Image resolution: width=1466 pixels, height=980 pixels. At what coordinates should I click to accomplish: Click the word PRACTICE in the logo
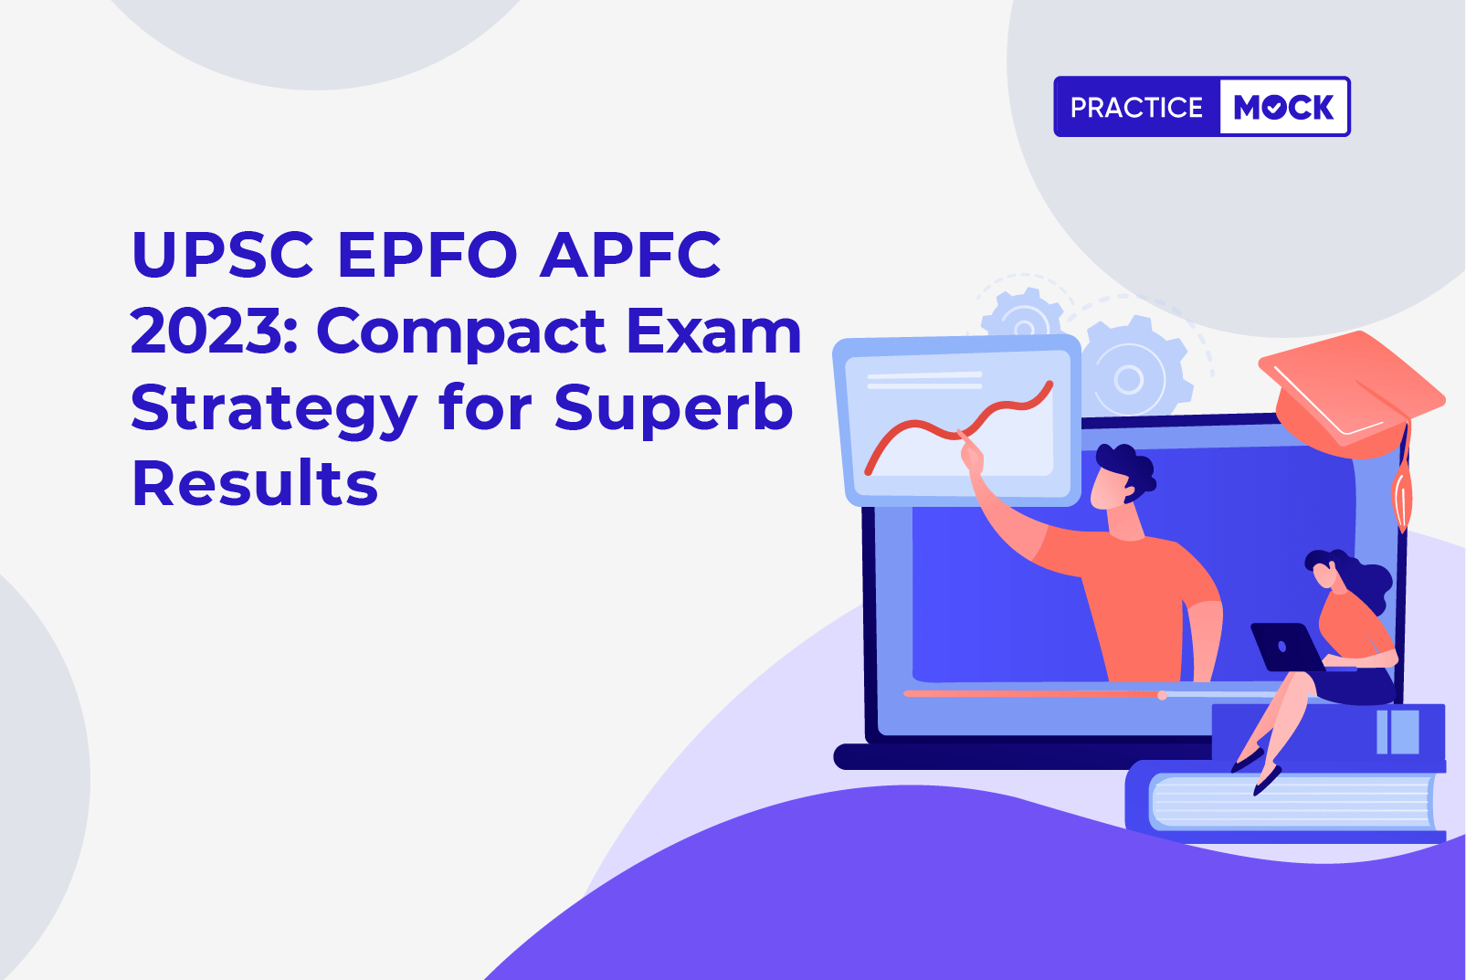[1136, 107]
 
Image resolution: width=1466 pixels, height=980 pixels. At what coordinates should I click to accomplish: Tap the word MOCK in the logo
[1283, 107]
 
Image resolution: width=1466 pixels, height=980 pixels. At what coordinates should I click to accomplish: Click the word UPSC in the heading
[223, 254]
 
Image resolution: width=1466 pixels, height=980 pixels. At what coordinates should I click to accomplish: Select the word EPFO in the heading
[427, 254]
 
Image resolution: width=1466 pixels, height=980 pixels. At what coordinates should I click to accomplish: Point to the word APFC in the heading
[630, 254]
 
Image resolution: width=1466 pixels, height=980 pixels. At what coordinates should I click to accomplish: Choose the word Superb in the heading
[674, 409]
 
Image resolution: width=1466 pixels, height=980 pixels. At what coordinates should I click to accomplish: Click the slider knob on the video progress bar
[1162, 695]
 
